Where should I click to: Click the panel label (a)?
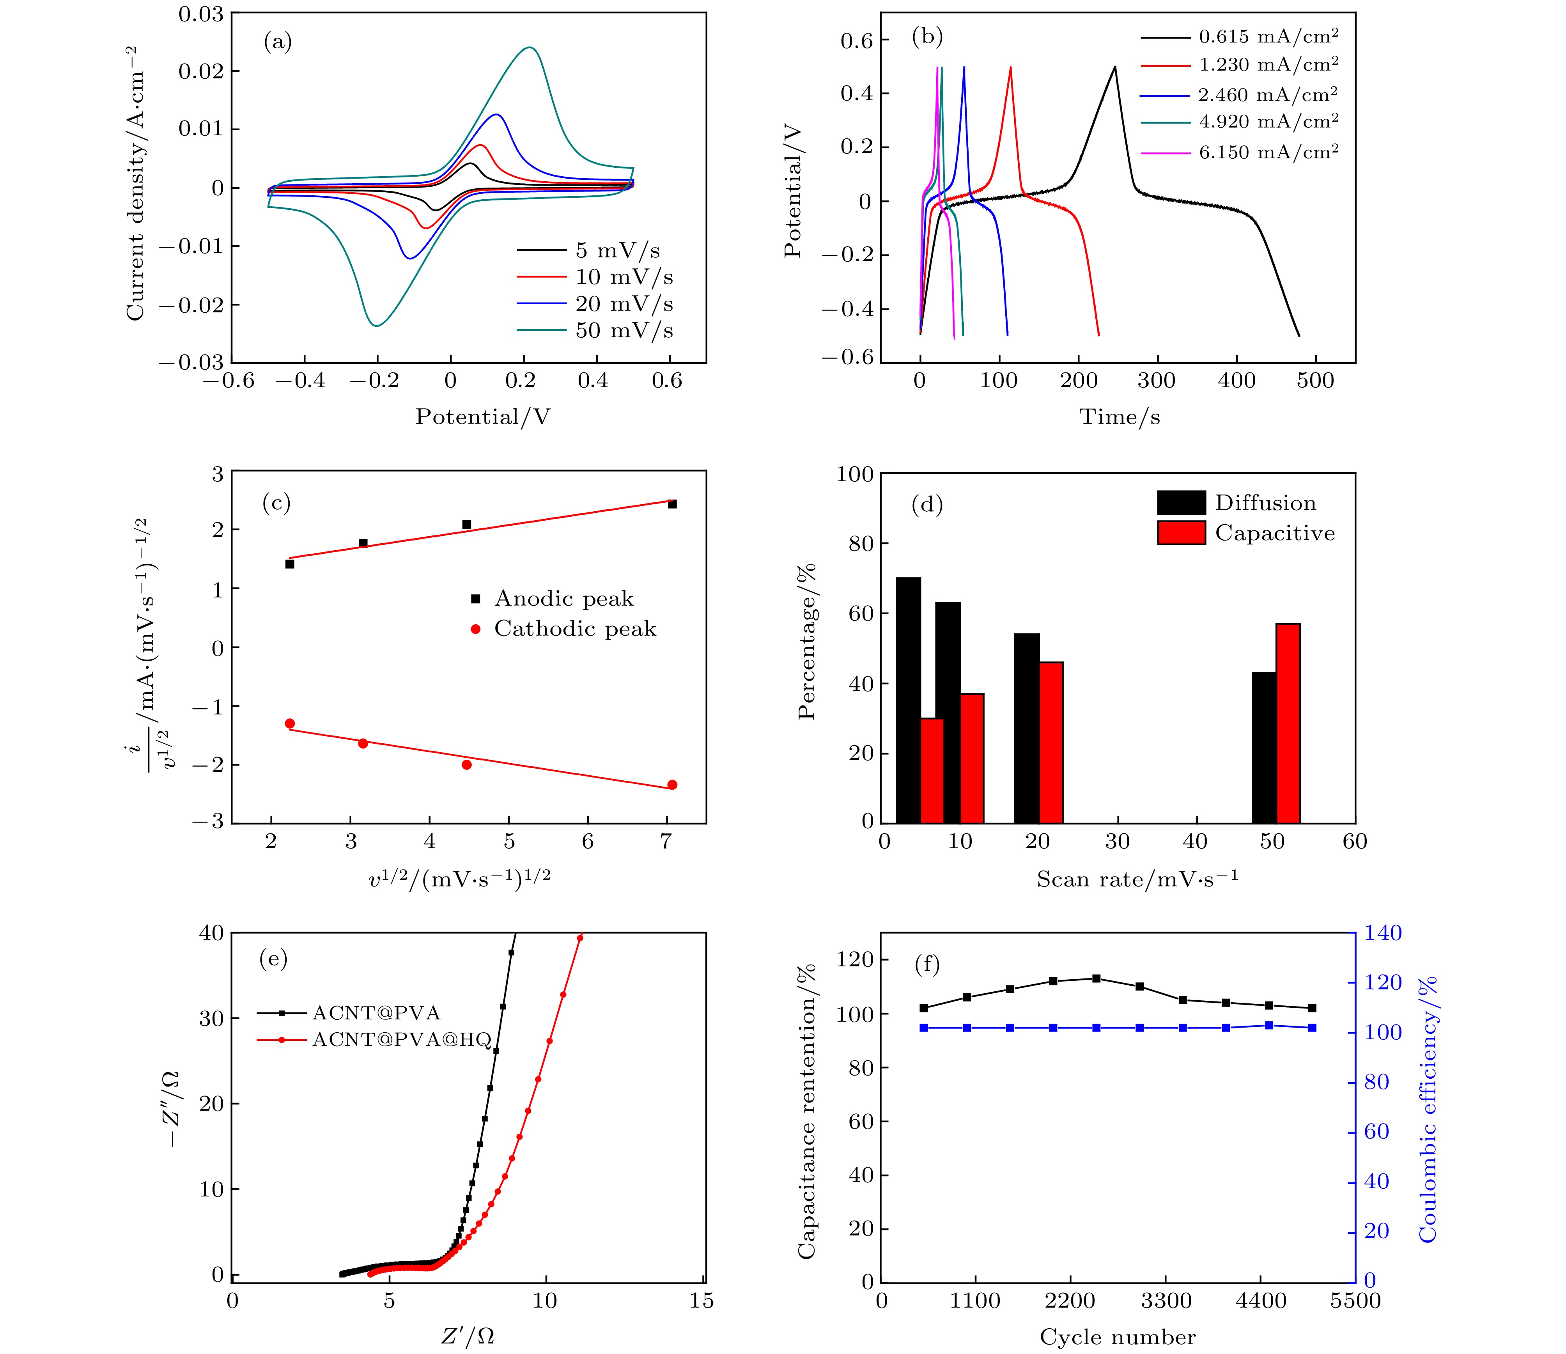point(277,43)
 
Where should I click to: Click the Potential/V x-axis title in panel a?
point(482,416)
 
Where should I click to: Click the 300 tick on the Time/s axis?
point(1156,380)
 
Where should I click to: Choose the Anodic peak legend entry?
point(563,599)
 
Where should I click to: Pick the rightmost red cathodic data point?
point(672,785)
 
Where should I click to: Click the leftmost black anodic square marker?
point(289,564)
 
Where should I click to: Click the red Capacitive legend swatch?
point(1181,533)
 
